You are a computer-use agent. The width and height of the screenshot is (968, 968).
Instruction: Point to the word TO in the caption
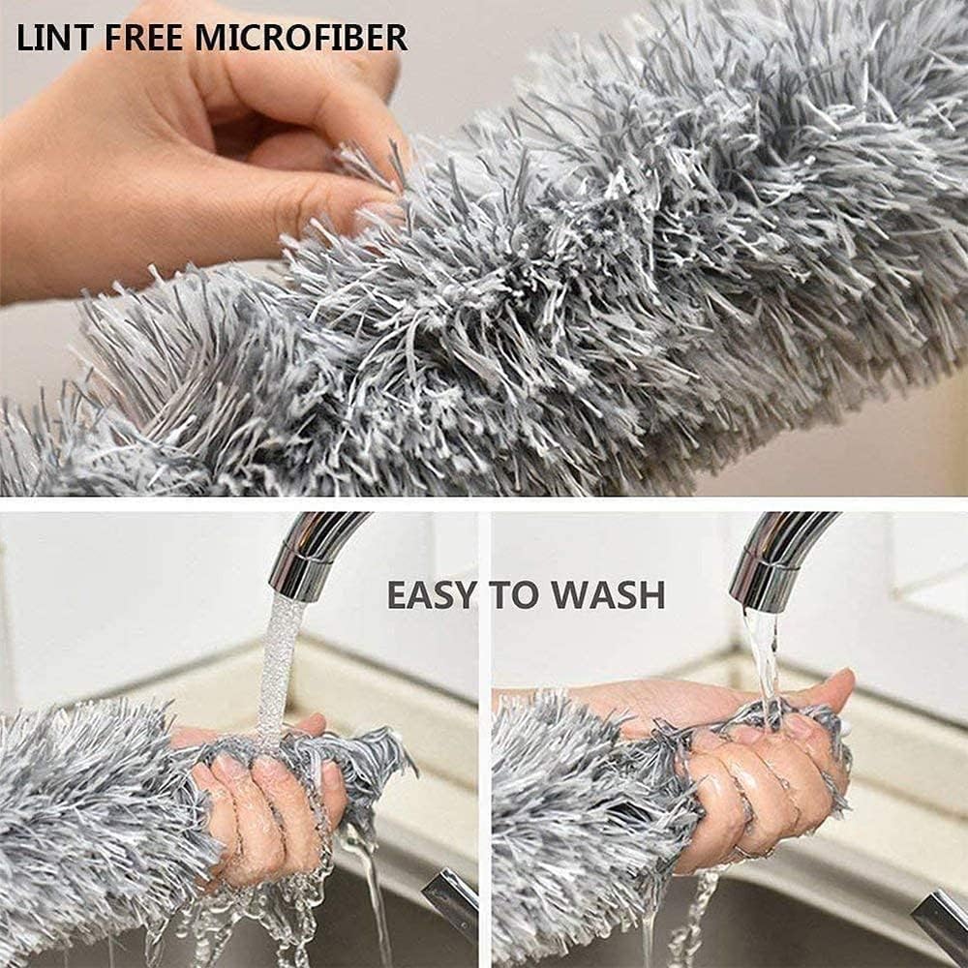click(x=517, y=594)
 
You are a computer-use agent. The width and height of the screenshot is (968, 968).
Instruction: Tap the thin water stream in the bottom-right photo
click(x=762, y=658)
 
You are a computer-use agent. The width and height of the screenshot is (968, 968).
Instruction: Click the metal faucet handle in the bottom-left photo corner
click(x=450, y=905)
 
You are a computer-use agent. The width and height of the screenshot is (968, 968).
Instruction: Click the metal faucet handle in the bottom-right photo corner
click(x=939, y=924)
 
